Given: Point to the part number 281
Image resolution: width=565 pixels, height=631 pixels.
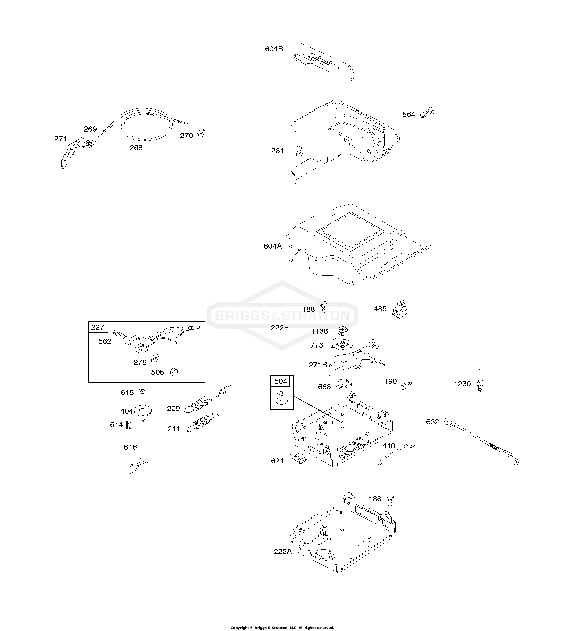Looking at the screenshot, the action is click(277, 151).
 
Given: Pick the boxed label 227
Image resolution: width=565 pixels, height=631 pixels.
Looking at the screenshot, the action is click(98, 327).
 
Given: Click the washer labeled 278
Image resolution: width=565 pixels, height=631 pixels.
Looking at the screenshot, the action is click(154, 359).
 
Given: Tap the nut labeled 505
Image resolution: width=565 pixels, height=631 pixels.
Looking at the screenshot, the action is click(174, 372).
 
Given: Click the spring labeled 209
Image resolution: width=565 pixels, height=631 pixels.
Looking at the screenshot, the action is click(207, 399).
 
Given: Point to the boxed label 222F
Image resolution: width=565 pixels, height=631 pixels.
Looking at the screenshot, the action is click(279, 327).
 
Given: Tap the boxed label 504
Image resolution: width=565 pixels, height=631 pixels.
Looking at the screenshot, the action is click(281, 381).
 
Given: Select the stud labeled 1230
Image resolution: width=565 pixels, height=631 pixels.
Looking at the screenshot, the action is click(480, 380).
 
